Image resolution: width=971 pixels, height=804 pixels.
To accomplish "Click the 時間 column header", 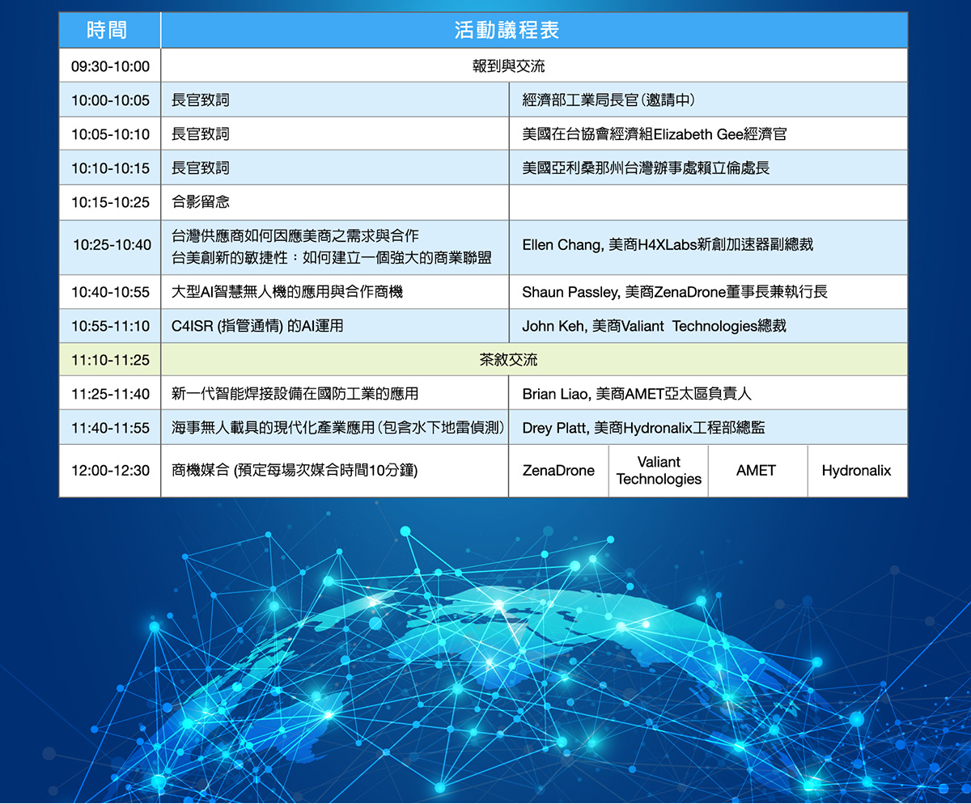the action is pos(107,30).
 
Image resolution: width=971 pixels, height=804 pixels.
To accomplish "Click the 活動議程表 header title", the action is pos(507,30).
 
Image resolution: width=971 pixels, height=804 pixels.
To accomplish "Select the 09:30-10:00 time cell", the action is pos(110,66).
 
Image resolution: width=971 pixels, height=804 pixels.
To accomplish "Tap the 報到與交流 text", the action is pos(508,66).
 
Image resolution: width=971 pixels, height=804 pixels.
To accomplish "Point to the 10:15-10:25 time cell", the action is pos(110,202).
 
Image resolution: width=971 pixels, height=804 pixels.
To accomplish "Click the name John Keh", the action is pos(553,326).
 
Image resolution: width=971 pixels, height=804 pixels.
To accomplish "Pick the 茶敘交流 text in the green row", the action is pos(508,360).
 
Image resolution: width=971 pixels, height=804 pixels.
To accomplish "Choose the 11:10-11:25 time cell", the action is pos(110,360).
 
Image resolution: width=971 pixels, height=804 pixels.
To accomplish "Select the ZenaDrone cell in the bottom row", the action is pos(558,471).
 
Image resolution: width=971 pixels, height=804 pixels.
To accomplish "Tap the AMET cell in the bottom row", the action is pos(756,471).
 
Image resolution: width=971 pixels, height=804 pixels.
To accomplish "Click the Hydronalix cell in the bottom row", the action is pos(856,471).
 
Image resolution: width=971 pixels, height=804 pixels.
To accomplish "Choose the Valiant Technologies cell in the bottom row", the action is pos(659,470).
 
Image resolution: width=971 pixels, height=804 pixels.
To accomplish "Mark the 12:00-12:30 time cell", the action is pos(110,471).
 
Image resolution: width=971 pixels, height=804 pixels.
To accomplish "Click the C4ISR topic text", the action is pos(257,326).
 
